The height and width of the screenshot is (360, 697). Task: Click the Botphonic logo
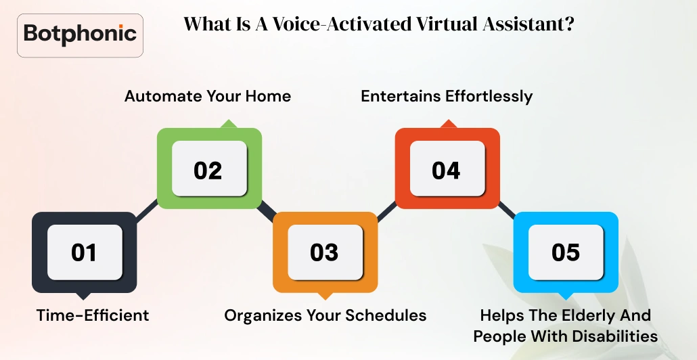[80, 35]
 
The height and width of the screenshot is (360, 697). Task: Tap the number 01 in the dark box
[84, 252]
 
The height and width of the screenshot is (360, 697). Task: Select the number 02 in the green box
[208, 171]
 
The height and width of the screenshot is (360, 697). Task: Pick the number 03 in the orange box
[324, 252]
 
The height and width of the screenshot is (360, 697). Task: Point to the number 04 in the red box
[446, 171]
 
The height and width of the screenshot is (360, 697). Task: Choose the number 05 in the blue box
[566, 252]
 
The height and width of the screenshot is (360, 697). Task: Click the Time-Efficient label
[93, 315]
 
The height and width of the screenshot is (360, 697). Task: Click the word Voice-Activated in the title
[341, 24]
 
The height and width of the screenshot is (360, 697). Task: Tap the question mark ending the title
[569, 24]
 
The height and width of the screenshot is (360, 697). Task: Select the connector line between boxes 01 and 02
[147, 211]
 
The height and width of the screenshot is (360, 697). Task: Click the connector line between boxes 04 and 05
[506, 210]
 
